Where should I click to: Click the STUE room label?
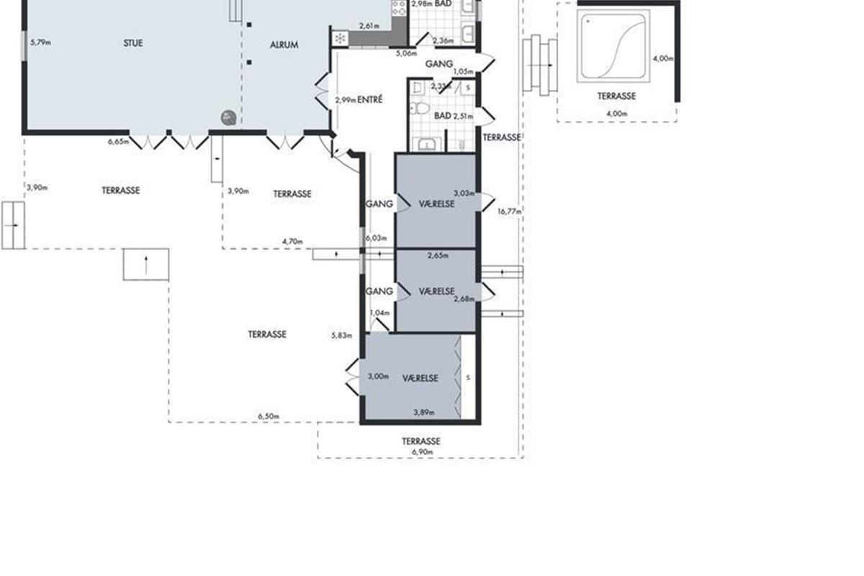pos(133,43)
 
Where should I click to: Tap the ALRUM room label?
pos(284,45)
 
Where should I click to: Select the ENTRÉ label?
pos(370,99)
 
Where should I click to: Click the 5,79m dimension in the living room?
pos(40,42)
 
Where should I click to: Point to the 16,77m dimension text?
pos(509,212)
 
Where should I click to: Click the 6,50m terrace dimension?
pos(269,416)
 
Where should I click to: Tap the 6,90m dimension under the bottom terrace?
pos(423,451)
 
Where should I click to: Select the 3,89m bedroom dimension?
pos(424,413)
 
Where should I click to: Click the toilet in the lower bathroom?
pos(419,108)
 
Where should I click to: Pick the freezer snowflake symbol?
pos(340,38)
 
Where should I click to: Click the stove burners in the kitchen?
pos(399,8)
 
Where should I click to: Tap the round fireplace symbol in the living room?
pos(229,117)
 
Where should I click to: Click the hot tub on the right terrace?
pos(613,46)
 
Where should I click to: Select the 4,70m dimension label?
pos(292,241)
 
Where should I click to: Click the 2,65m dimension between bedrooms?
pos(438,256)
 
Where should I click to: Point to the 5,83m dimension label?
pos(342,336)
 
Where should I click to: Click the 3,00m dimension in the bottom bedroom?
pos(378,376)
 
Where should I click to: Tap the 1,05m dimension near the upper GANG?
pos(463,71)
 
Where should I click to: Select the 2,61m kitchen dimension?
pos(369,26)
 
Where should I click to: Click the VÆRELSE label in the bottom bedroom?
pos(420,378)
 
